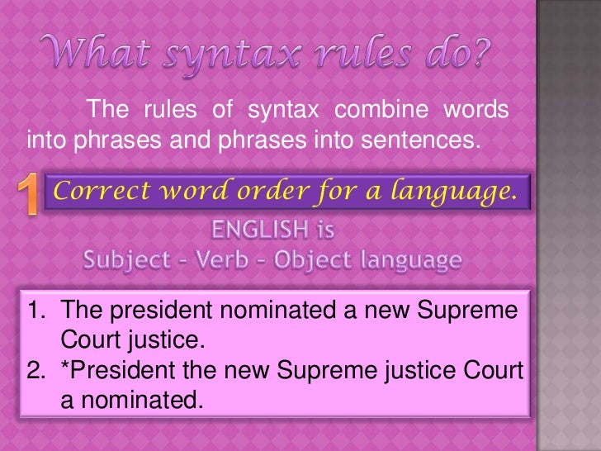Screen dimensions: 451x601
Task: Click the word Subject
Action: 126,261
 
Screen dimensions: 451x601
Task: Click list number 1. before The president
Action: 39,311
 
